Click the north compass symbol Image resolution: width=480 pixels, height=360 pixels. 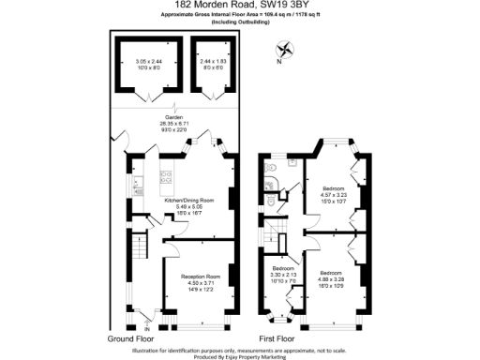tap(282, 51)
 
